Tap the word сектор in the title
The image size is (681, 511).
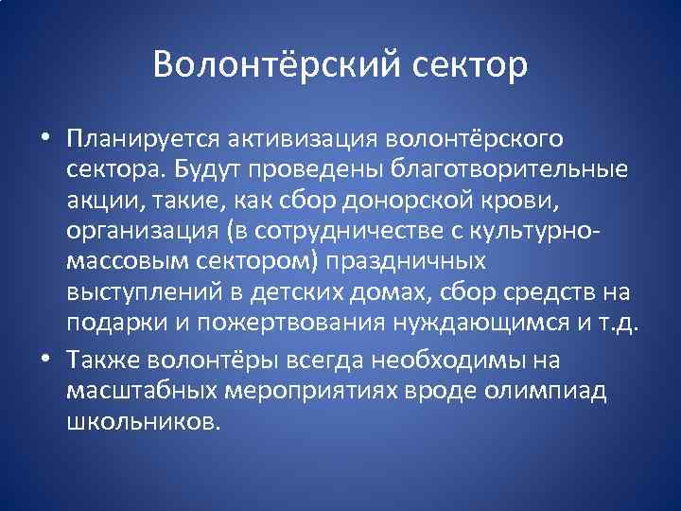469,65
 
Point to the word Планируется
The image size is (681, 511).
141,139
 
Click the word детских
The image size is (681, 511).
360,291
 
